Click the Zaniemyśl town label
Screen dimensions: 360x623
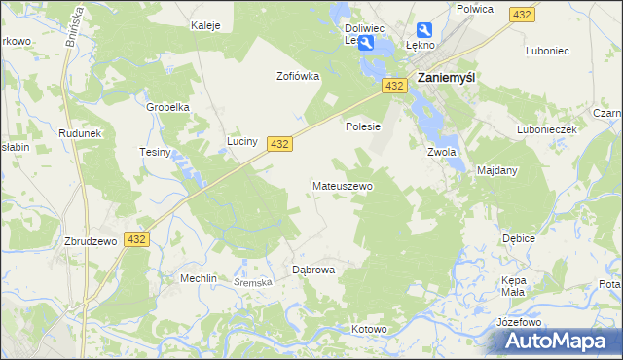(445, 79)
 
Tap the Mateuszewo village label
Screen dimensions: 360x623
(342, 185)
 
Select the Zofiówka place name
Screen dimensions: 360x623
(298, 76)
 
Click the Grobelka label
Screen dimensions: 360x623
(166, 107)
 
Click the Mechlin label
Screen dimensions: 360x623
(198, 277)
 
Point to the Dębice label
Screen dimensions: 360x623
(518, 237)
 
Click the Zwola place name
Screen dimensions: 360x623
(441, 152)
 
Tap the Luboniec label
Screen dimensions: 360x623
(546, 50)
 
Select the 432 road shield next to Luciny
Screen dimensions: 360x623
(279, 143)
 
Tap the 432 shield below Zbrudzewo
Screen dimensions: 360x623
(136, 239)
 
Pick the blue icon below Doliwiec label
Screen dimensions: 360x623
(365, 44)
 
